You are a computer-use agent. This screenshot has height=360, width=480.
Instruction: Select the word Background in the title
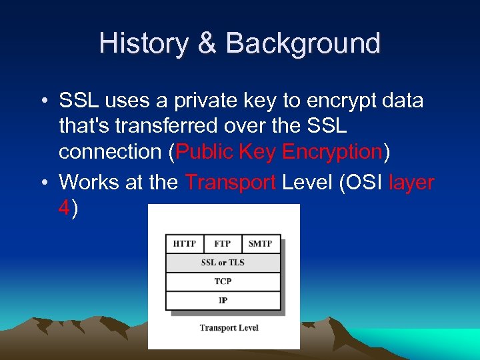303,43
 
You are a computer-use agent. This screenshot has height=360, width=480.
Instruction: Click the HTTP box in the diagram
185,243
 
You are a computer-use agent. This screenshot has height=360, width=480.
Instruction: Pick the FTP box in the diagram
223,243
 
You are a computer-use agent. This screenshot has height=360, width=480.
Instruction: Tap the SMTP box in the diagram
260,243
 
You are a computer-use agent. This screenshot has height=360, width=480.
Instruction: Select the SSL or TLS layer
223,262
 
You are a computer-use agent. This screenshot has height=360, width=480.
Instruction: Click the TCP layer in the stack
223,281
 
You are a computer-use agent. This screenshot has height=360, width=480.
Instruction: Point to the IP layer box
223,300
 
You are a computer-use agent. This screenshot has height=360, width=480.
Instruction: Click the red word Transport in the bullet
231,182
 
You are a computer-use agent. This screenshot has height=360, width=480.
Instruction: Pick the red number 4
64,208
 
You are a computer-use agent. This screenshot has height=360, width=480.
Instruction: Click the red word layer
411,182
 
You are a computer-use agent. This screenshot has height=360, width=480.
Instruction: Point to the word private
204,101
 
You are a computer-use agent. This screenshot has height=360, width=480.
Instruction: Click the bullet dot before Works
43,183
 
